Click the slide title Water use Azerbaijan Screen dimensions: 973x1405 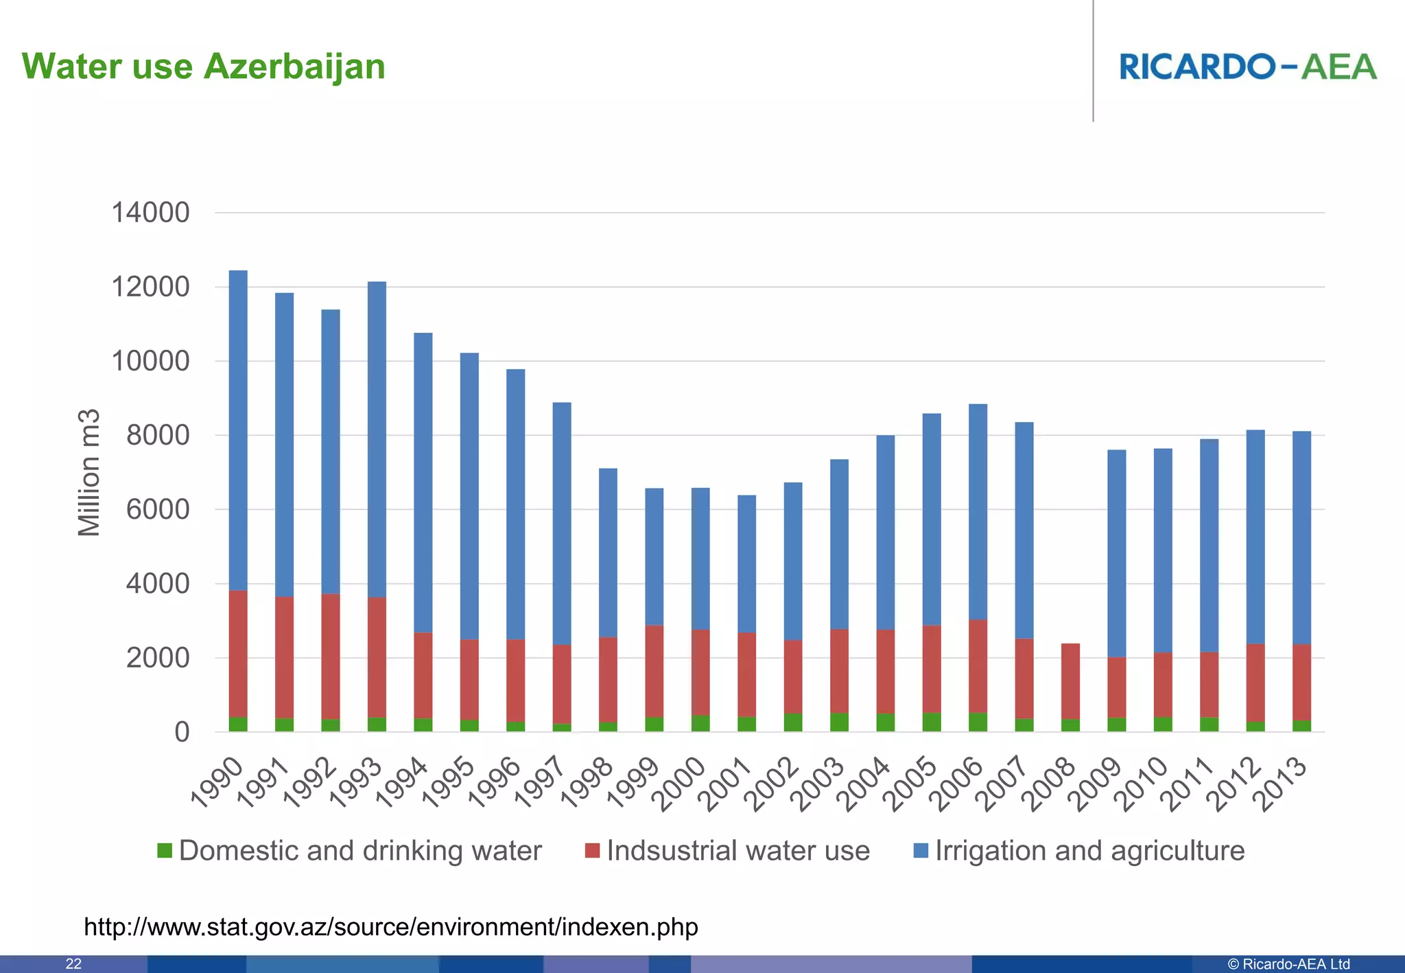point(203,67)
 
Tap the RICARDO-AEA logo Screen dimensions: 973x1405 point(1247,67)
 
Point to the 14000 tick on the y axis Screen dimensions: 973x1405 point(150,213)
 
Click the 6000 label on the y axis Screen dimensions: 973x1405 point(158,510)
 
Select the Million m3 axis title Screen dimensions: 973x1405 point(89,473)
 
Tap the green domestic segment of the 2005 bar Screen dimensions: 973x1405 point(932,722)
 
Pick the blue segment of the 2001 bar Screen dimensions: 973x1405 point(746,563)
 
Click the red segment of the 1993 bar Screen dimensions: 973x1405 point(377,657)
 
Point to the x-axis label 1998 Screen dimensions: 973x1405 point(588,783)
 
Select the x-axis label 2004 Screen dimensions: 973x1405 point(866,783)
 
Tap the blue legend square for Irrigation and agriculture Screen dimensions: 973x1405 point(921,851)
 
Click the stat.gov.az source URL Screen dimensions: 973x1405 point(390,927)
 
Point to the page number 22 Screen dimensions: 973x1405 point(73,964)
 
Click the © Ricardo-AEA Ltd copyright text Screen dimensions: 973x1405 point(1288,964)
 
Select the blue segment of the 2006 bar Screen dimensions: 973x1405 point(978,512)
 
